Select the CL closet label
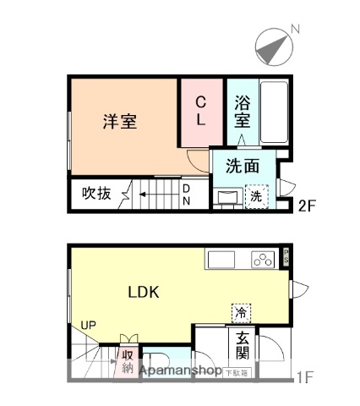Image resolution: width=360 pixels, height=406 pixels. point(200,111)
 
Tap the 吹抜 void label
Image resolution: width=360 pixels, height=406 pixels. point(96,193)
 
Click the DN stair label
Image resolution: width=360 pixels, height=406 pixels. point(187,195)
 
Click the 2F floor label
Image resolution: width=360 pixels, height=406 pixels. point(307,204)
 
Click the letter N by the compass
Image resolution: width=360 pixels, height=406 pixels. point(295,30)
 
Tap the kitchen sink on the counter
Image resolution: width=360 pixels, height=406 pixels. point(222,259)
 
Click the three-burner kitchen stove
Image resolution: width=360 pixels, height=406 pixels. point(264,259)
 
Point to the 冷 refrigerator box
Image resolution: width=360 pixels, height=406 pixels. point(242,312)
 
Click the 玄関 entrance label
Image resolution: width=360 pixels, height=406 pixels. point(242,344)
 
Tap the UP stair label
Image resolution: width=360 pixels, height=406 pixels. point(88,325)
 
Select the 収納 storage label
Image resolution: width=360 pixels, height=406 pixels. point(128,361)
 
